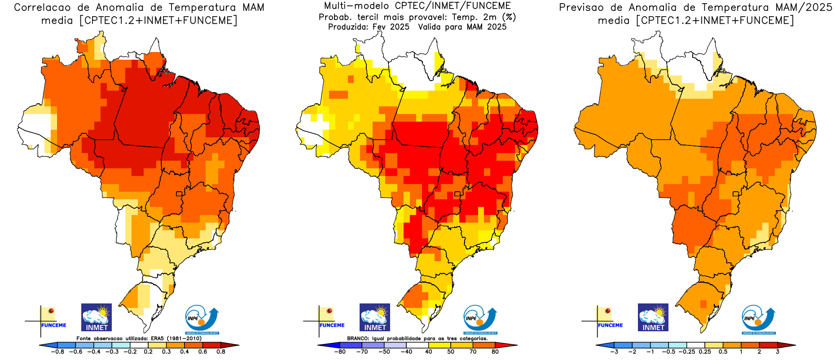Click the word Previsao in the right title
tap(582, 8)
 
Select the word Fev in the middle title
tap(379, 27)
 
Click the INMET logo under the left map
tap(97, 317)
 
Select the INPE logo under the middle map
tap(480, 319)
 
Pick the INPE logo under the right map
tap(758, 319)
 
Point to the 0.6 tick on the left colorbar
tap(202, 352)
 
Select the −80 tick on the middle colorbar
tap(340, 352)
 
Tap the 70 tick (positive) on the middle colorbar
tap(473, 352)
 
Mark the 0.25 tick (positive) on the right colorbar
tap(705, 352)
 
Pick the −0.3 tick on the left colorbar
tap(112, 352)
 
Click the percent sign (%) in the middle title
tap(509, 17)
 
